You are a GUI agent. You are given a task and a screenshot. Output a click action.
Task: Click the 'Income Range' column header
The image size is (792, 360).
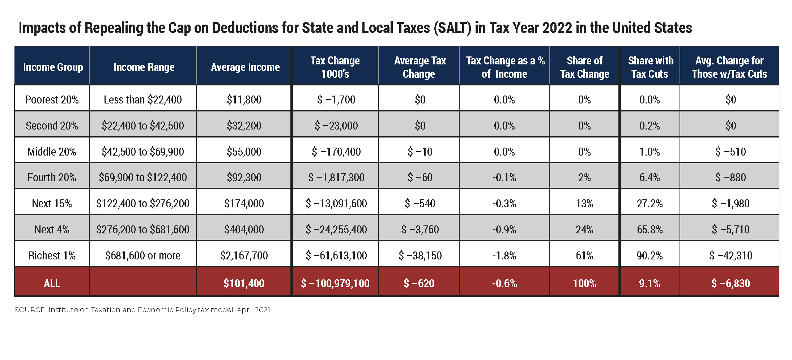[x=144, y=67]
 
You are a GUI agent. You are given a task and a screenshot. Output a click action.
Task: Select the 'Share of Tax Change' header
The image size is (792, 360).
[x=584, y=67]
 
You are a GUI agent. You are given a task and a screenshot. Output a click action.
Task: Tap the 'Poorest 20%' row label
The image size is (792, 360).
[x=52, y=99]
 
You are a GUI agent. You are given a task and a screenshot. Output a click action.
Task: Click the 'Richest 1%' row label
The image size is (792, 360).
[x=52, y=255]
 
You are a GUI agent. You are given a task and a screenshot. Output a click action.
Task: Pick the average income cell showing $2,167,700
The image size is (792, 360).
[x=244, y=255]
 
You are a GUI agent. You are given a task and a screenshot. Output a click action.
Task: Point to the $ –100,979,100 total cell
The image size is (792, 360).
[x=335, y=283]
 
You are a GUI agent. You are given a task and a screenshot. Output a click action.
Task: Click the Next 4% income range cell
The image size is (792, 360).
[x=142, y=229]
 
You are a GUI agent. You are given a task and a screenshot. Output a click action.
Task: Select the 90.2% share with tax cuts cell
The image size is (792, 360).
[x=650, y=255]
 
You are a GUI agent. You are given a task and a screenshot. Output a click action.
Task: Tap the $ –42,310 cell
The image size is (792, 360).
[x=731, y=255]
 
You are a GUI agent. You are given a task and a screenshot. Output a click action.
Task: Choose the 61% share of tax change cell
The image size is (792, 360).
[x=584, y=255]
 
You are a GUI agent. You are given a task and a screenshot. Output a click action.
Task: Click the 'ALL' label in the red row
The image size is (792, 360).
[x=52, y=283]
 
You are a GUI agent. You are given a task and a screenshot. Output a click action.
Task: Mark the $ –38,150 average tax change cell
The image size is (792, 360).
[x=420, y=255]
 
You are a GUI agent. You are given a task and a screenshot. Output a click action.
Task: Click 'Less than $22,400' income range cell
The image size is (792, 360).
[x=142, y=99]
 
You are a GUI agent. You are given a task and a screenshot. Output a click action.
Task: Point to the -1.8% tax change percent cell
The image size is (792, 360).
[x=504, y=255]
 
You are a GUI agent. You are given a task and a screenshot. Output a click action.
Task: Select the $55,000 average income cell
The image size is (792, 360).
[x=244, y=152]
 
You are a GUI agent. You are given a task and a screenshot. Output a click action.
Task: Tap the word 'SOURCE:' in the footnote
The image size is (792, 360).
[x=30, y=310]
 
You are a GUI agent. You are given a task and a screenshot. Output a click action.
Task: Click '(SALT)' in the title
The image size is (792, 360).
[x=452, y=28]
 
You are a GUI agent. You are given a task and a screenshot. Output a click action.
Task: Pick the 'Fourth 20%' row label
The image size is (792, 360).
[x=52, y=177]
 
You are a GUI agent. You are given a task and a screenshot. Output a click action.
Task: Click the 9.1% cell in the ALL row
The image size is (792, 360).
[x=650, y=283]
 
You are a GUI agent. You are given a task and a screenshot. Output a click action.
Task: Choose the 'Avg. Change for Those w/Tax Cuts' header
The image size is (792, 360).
[x=729, y=67]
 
